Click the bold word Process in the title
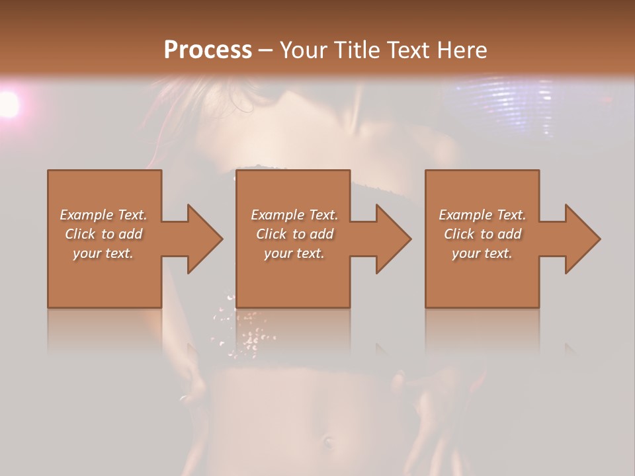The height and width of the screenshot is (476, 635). pos(208,50)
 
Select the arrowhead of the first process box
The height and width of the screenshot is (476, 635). pos(202,239)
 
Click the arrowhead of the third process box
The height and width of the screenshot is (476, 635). pos(581,239)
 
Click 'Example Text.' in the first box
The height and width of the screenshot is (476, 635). pos(104,215)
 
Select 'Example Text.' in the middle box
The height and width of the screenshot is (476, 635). pos(294,215)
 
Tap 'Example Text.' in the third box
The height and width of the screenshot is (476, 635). pos(482,215)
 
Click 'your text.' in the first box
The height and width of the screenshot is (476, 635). pos(104,253)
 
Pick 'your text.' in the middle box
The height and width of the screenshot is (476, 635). pos(294,253)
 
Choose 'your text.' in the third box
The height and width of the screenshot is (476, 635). pos(482,253)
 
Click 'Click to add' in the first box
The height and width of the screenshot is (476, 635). pos(104,234)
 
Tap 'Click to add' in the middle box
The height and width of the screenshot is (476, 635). pos(294,234)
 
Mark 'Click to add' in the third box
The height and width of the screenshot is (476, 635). pos(482,234)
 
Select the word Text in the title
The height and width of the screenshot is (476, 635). pos(405,50)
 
